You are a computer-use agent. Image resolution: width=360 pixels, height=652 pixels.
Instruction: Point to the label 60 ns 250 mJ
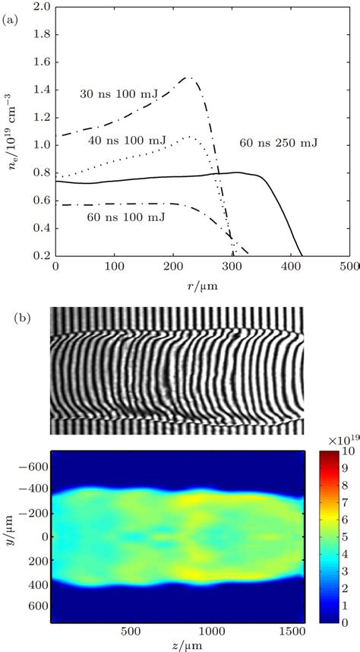(277, 142)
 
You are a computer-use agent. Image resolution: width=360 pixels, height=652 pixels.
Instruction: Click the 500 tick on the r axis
(350, 267)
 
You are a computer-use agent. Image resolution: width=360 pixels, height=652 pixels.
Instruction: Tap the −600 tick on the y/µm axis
(35, 466)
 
